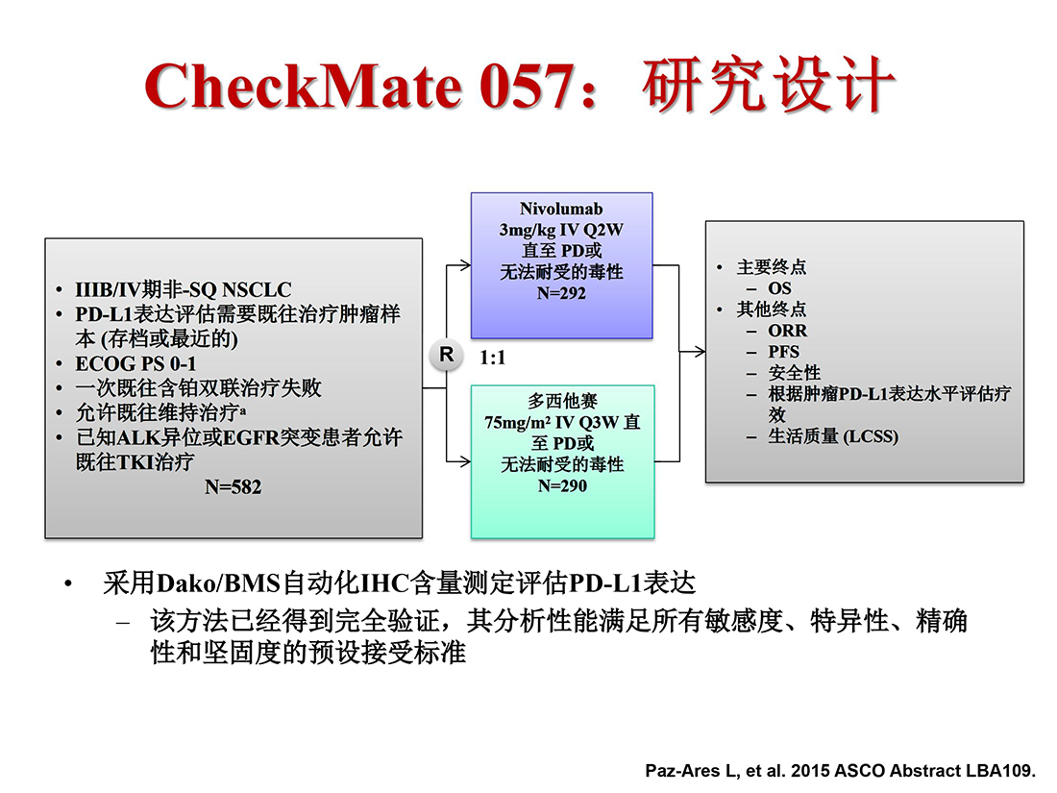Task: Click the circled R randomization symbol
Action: (446, 355)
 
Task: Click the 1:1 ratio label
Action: (492, 358)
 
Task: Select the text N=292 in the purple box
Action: (561, 293)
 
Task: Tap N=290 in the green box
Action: (562, 485)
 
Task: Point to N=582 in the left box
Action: (234, 487)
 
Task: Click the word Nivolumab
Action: (561, 209)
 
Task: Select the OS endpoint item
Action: (779, 288)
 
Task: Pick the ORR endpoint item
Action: (787, 331)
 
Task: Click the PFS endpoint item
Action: (783, 351)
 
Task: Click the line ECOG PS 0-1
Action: (135, 363)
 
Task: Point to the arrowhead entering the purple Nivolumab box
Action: (464, 265)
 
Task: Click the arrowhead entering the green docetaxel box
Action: (464, 461)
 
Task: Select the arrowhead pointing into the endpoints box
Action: (699, 351)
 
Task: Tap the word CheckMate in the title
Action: (303, 87)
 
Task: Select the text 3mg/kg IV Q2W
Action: (561, 230)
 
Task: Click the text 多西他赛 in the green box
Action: (562, 401)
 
